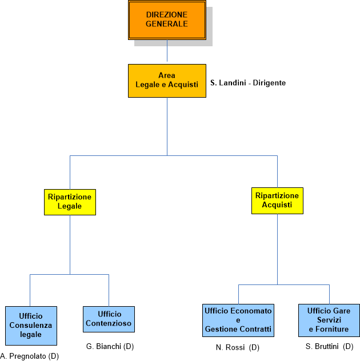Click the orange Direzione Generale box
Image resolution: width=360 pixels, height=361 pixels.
[x=167, y=21]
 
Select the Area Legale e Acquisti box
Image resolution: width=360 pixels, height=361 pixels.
[x=167, y=81]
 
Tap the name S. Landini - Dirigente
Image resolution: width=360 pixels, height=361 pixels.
[x=248, y=83]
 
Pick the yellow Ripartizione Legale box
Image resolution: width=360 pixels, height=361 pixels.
[x=70, y=202]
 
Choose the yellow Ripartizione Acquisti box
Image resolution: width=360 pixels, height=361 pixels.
[x=277, y=200]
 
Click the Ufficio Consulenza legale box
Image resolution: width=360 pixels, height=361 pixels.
[x=31, y=326]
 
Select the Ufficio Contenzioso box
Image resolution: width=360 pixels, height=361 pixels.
[x=109, y=319]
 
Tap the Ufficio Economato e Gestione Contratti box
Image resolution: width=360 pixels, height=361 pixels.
[x=238, y=320]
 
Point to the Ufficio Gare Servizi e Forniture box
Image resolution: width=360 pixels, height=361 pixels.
[x=329, y=320]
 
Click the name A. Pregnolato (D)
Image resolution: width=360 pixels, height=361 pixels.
[x=30, y=356]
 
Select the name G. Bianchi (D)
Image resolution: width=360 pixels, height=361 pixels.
[x=110, y=346]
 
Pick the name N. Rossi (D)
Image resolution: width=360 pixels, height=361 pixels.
[x=238, y=347]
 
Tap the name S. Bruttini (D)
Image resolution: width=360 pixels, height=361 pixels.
[x=330, y=347]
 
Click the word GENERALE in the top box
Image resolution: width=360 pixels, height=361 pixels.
[x=167, y=25]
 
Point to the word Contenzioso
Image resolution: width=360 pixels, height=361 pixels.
[x=109, y=323]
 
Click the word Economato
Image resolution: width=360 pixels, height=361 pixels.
[x=252, y=311]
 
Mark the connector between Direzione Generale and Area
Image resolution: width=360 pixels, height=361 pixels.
[x=167, y=51]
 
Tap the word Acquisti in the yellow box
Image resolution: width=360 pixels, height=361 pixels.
[x=277, y=204]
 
